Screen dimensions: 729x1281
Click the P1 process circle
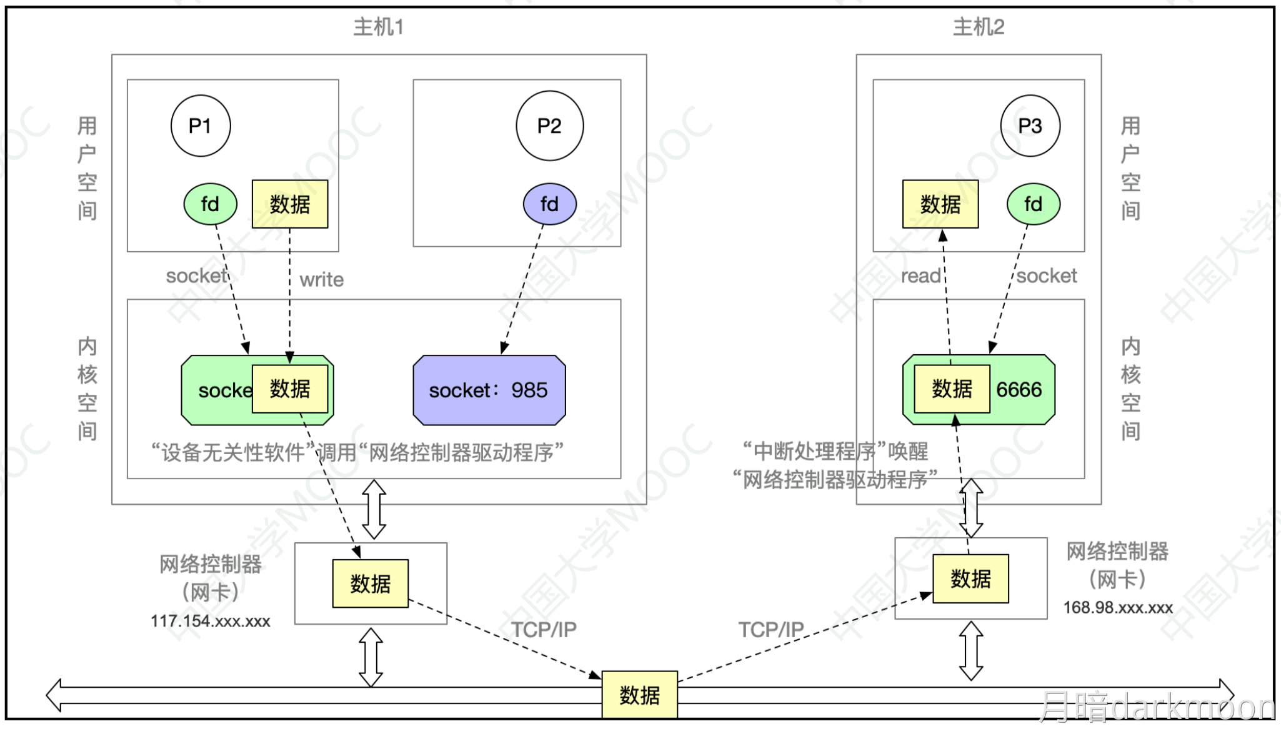[x=201, y=126]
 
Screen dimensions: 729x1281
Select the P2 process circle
[x=549, y=126]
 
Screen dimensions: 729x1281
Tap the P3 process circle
[x=1030, y=126]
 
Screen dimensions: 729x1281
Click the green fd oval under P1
[x=210, y=204]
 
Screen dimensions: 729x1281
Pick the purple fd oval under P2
[x=549, y=204]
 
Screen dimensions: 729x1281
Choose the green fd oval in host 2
[x=1033, y=204]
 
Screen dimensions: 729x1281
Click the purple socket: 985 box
[x=489, y=390]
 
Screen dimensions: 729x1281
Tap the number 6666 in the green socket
[x=1019, y=390]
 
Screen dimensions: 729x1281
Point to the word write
[x=321, y=280]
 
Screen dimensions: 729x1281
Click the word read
[x=920, y=276]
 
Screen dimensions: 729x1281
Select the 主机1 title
[x=379, y=27]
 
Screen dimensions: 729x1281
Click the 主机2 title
[x=978, y=27]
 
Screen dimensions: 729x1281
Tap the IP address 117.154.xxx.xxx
[x=210, y=621]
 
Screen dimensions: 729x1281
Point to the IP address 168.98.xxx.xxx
[x=1118, y=607]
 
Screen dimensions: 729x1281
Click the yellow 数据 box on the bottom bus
[x=639, y=695]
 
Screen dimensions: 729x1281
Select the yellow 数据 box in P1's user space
[x=290, y=204]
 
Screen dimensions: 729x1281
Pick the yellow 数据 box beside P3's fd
[x=940, y=204]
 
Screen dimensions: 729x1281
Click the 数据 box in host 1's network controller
[x=371, y=583]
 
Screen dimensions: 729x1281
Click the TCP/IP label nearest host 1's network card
[x=544, y=630]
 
